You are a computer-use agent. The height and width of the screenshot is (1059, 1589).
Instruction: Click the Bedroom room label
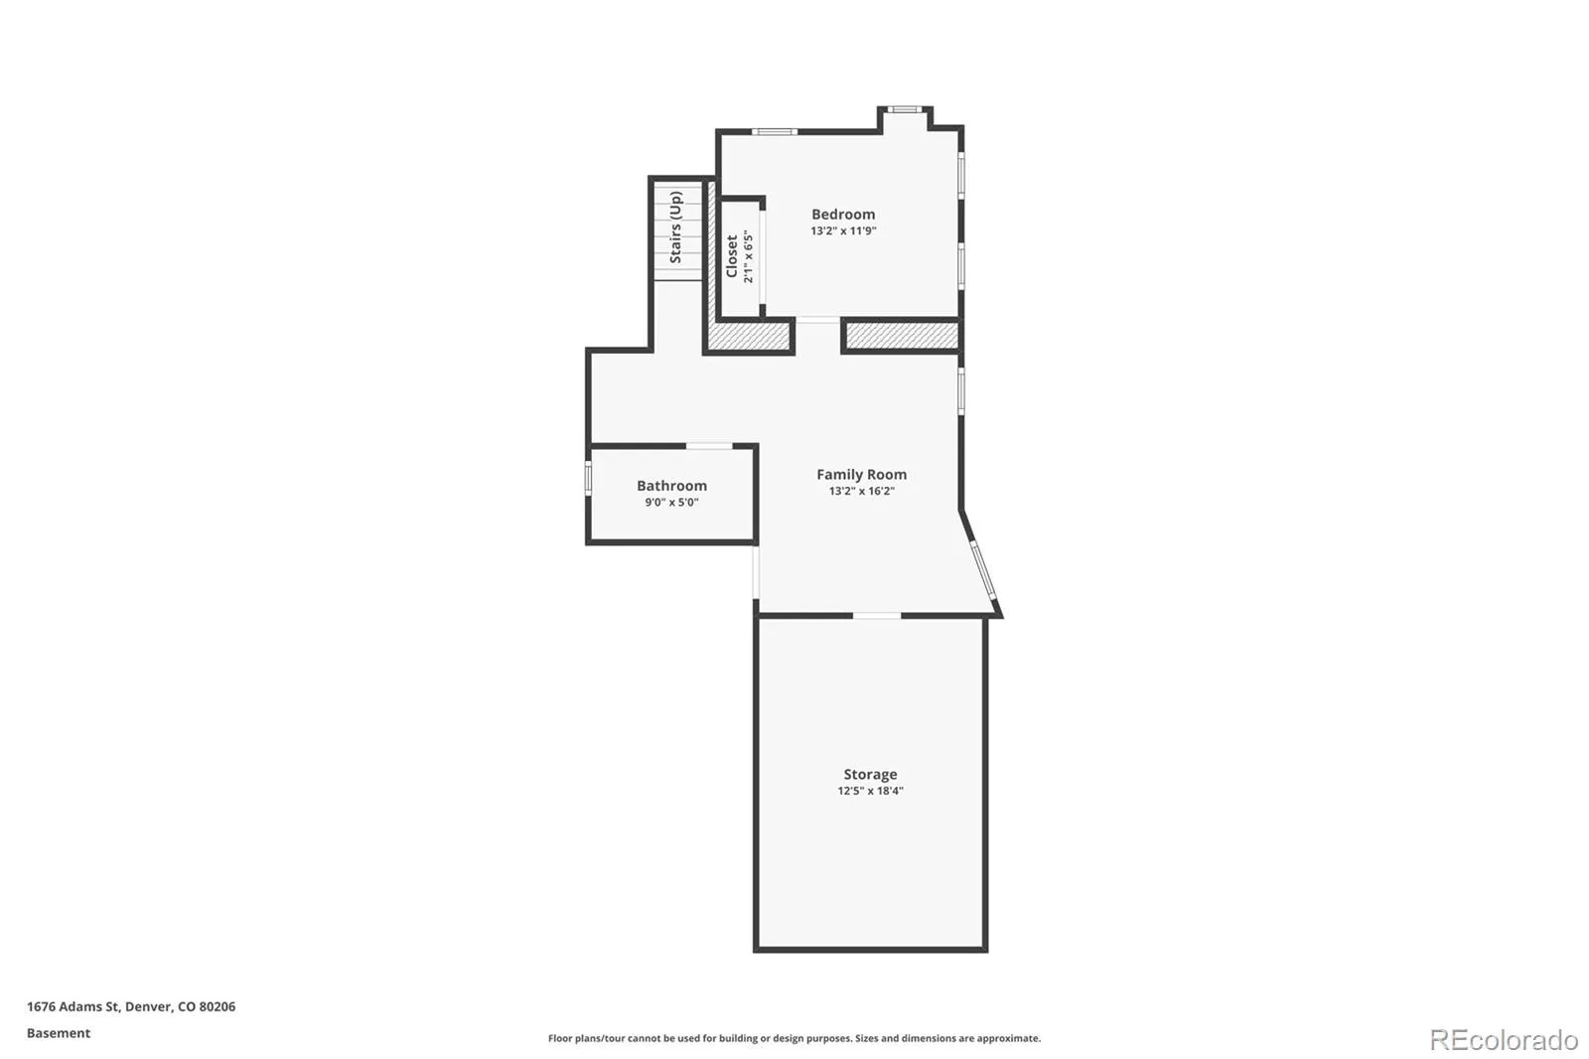click(843, 215)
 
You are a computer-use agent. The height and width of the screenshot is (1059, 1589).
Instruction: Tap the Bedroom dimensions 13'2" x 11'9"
click(843, 230)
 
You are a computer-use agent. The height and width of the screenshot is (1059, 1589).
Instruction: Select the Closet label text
click(732, 256)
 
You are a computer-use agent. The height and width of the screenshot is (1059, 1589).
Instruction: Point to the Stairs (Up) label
click(675, 227)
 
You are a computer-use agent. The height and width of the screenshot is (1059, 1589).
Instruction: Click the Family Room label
click(861, 474)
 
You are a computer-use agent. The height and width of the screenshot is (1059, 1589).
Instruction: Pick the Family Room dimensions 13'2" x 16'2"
click(862, 491)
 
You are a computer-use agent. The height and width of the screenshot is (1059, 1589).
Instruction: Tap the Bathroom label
click(671, 486)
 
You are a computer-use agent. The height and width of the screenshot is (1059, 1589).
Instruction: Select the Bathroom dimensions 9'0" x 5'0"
click(671, 503)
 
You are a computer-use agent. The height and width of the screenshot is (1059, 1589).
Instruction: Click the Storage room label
click(870, 774)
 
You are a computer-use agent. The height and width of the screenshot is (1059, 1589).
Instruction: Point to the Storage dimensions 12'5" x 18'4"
click(870, 791)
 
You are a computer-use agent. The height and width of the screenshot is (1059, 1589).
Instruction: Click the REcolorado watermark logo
click(1504, 1040)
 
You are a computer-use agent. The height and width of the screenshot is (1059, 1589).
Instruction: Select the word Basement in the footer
click(59, 1033)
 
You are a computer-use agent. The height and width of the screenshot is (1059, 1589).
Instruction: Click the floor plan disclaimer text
click(794, 1038)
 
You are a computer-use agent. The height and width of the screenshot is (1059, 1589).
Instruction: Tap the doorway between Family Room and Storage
click(877, 615)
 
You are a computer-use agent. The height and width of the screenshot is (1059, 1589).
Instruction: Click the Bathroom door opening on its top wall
click(709, 446)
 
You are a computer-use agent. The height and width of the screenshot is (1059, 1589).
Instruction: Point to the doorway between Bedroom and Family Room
click(818, 320)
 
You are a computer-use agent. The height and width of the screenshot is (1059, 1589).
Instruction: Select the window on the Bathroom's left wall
click(588, 479)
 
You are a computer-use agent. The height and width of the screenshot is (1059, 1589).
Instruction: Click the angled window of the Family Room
click(984, 570)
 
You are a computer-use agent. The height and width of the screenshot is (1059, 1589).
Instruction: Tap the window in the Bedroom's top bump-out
click(904, 109)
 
